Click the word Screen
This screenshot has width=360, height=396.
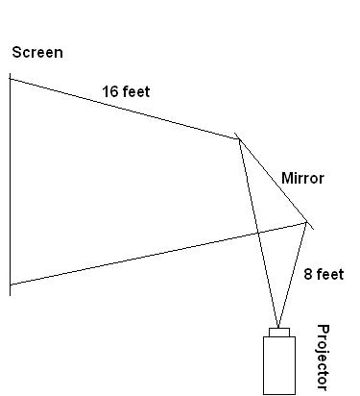click(37, 52)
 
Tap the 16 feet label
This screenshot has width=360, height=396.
click(127, 92)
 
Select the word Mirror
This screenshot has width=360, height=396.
click(301, 179)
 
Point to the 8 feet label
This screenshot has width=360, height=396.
click(324, 275)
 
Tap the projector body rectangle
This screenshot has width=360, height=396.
click(279, 366)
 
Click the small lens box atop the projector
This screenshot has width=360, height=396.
click(279, 333)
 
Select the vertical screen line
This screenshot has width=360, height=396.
click(11, 183)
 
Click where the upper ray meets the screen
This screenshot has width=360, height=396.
click(11, 78)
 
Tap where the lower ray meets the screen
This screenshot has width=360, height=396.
click(11, 285)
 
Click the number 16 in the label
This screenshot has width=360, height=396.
click(110, 92)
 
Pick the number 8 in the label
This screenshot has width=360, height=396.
click(307, 275)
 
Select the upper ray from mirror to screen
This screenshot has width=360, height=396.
click(125, 109)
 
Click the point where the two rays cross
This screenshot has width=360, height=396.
click(257, 233)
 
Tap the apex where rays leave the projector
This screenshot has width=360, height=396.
click(278, 327)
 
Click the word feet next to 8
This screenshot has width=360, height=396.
click(329, 275)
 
